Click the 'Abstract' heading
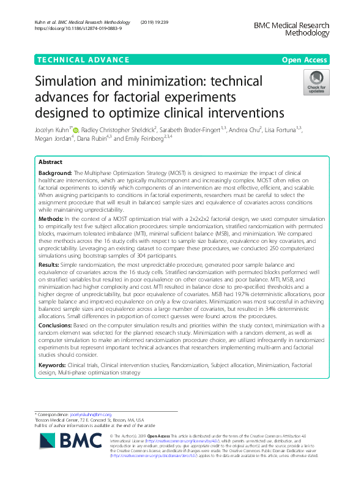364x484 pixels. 51,163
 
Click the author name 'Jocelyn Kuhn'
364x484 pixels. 51,130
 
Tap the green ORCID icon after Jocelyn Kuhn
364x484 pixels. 76,130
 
